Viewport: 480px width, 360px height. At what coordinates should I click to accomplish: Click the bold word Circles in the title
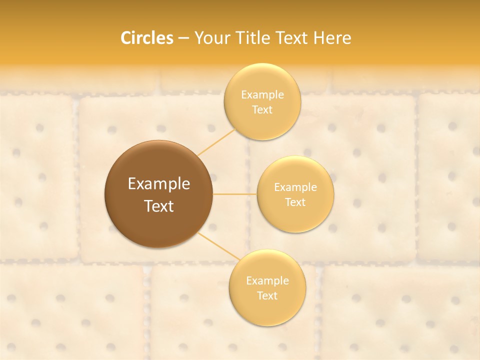[147, 38]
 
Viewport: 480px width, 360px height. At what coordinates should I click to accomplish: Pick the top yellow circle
[262, 80]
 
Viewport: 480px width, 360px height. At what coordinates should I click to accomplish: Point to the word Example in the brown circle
[159, 184]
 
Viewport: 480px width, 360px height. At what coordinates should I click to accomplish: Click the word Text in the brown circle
[159, 206]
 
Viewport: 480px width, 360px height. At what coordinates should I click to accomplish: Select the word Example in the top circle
[262, 94]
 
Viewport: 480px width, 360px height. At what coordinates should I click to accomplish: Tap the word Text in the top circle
[262, 109]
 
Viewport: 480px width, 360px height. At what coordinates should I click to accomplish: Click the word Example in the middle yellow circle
[295, 187]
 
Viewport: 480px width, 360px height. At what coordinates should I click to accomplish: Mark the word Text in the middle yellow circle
[295, 202]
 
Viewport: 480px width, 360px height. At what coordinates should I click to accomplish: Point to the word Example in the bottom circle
[267, 280]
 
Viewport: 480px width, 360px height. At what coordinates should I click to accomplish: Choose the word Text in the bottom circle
[267, 295]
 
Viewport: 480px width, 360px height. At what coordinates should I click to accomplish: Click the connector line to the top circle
[216, 142]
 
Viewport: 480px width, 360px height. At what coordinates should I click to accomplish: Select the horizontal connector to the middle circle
[234, 194]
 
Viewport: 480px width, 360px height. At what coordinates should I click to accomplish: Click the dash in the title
[183, 38]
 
